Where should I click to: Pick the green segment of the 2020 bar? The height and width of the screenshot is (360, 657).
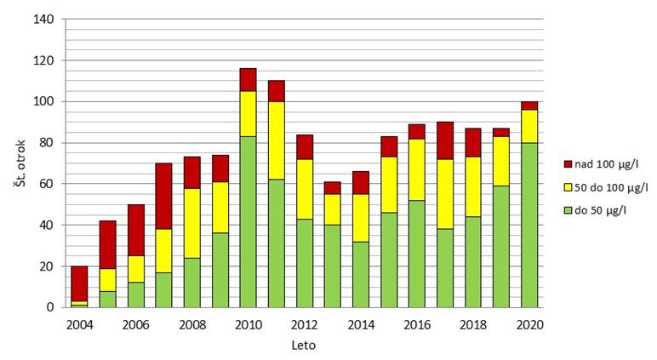tap(529, 225)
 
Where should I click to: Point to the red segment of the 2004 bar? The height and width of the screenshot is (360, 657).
tap(79, 283)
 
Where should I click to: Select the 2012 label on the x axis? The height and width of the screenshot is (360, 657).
tap(304, 324)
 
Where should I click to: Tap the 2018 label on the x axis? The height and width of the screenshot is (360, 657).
tap(473, 324)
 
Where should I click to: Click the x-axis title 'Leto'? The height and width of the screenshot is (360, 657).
tap(304, 346)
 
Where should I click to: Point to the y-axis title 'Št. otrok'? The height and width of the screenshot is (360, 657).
tap(19, 163)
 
